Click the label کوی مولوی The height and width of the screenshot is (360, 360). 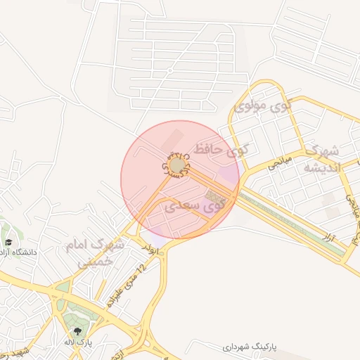click(x=262, y=107)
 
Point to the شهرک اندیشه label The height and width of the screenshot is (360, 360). click(x=321, y=158)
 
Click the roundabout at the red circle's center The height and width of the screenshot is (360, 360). click(x=177, y=165)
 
